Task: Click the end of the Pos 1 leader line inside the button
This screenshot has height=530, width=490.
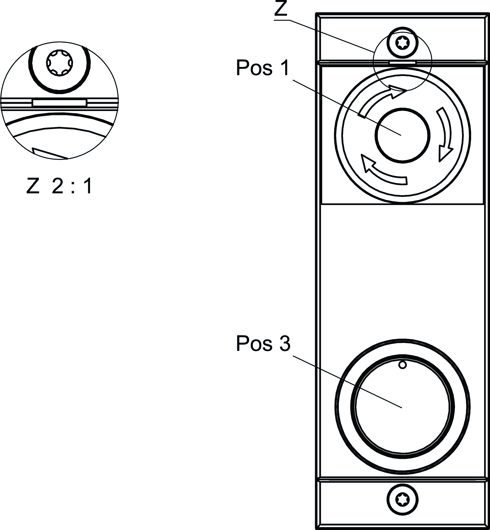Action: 401,135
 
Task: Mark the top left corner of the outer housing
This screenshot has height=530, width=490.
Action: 316,13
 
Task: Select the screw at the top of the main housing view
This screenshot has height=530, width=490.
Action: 403,42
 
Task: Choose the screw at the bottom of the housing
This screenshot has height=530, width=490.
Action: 403,500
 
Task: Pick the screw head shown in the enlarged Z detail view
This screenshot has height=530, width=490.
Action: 59,63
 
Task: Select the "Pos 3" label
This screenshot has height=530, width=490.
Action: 263,344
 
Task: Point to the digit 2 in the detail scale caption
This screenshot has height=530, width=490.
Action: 58,186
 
